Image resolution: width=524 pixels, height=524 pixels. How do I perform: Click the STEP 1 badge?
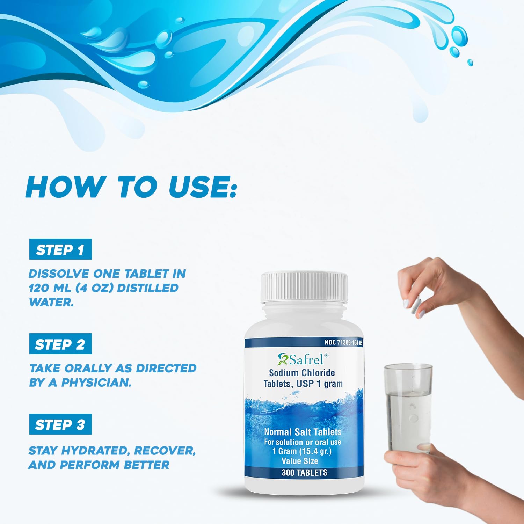pos(60,249)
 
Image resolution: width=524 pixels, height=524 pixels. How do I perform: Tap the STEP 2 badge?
pos(60,344)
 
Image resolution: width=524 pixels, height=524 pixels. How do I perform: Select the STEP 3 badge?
pos(60,424)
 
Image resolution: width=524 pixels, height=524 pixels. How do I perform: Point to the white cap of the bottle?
pos(304,287)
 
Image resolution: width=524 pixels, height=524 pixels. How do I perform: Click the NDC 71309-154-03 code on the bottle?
pos(343,342)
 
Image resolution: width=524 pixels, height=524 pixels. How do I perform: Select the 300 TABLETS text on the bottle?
pos(304,473)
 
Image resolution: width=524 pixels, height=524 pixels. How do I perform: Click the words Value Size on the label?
pos(300,461)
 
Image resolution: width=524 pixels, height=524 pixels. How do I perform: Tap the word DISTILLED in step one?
pos(148,288)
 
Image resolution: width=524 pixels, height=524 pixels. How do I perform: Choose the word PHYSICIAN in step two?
pos(96,383)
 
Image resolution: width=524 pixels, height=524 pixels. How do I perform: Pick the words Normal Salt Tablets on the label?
pos(303,432)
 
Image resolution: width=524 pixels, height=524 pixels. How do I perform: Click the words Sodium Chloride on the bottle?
pos(302,373)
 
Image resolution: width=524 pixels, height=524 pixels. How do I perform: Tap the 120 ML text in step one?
pos(50,288)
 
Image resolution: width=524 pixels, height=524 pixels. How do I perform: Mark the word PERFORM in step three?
pos(90,465)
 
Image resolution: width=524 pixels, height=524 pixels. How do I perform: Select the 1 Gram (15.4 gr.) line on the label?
pos(302,451)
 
